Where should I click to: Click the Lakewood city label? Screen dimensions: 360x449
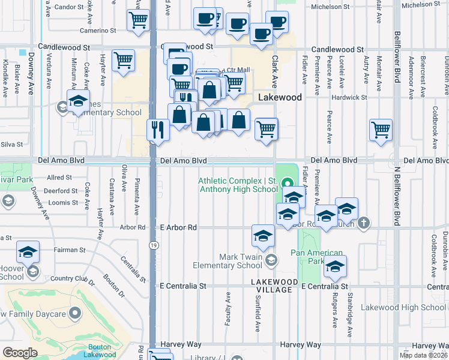pos(279,97)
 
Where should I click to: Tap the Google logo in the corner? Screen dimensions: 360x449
pos(20,352)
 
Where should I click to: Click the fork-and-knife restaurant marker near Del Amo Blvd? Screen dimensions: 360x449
pos(157,130)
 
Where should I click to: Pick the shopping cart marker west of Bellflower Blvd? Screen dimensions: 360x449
pos(381,129)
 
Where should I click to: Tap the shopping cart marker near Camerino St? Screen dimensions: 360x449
pos(138,20)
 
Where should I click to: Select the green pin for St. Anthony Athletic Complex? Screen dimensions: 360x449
pos(288,184)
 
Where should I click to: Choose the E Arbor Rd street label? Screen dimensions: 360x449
pos(178,228)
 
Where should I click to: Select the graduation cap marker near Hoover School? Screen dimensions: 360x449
pos(28,252)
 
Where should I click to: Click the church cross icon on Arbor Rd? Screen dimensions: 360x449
pos(363,223)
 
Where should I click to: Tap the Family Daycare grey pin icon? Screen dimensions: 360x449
pos(74,313)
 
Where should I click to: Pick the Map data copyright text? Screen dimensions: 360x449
pos(424,355)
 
